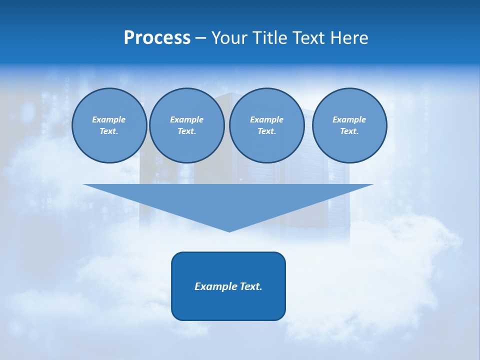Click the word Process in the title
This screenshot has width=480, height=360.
coord(157,38)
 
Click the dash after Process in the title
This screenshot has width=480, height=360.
coord(200,39)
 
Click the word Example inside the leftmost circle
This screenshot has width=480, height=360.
coord(109,119)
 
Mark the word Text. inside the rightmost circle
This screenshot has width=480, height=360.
coord(349,131)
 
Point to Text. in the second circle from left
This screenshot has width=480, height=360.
coord(186,131)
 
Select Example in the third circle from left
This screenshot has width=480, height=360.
coord(266,119)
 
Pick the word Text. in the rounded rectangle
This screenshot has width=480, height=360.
coord(251,286)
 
